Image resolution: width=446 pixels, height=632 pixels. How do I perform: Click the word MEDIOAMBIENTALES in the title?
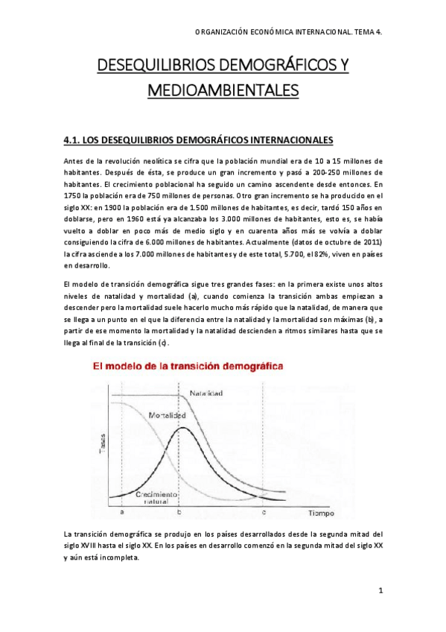223,90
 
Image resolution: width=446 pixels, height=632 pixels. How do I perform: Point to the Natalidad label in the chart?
207,392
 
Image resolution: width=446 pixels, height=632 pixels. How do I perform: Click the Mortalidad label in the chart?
168,414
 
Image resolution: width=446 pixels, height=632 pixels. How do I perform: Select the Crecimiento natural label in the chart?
156,499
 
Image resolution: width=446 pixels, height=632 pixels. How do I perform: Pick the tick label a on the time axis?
121,514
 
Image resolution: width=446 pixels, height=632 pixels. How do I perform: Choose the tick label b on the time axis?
178,514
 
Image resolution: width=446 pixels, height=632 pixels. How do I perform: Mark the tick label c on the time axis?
264,514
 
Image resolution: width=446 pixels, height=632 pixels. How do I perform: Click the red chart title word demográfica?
255,367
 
